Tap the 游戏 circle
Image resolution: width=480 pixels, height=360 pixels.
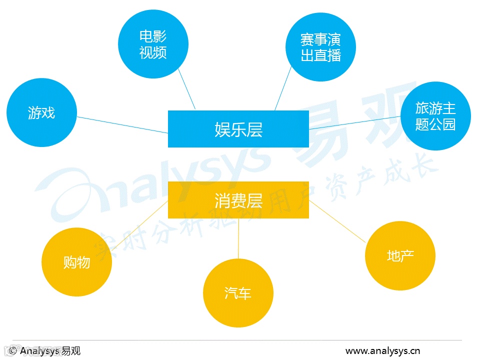(x=41, y=112)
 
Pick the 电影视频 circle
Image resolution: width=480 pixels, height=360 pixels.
(x=153, y=44)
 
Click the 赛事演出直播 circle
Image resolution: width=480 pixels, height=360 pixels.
(x=320, y=47)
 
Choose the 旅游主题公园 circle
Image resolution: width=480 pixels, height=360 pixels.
(x=435, y=116)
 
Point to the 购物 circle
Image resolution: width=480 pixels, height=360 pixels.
(x=76, y=262)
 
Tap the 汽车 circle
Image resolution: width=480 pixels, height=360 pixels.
(x=238, y=293)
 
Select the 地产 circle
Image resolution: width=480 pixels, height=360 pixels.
(x=400, y=256)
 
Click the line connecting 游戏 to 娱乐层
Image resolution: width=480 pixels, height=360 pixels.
(x=122, y=125)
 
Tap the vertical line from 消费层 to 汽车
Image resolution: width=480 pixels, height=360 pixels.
(x=238, y=238)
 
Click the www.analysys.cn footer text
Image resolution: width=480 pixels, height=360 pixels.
(x=383, y=350)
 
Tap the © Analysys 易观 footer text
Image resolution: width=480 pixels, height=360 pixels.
(x=45, y=350)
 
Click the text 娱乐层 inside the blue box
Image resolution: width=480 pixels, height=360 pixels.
(x=238, y=129)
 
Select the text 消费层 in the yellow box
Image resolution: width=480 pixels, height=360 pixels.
(x=238, y=200)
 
